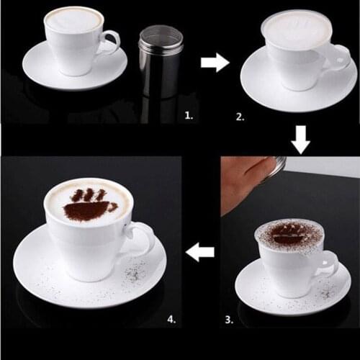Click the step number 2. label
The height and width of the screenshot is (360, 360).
click(x=239, y=114)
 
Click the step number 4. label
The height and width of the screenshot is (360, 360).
click(x=170, y=318)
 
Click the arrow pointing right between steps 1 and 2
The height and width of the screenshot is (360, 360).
click(x=214, y=63)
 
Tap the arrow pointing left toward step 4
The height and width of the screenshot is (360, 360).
click(x=201, y=252)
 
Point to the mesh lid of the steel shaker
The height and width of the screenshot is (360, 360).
click(x=161, y=32)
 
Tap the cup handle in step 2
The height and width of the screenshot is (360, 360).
click(x=336, y=56)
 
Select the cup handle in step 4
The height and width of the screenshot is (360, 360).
click(x=142, y=238)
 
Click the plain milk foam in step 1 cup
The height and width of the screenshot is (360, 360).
click(x=73, y=19)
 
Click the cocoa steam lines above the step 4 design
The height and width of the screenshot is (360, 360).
click(x=89, y=194)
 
